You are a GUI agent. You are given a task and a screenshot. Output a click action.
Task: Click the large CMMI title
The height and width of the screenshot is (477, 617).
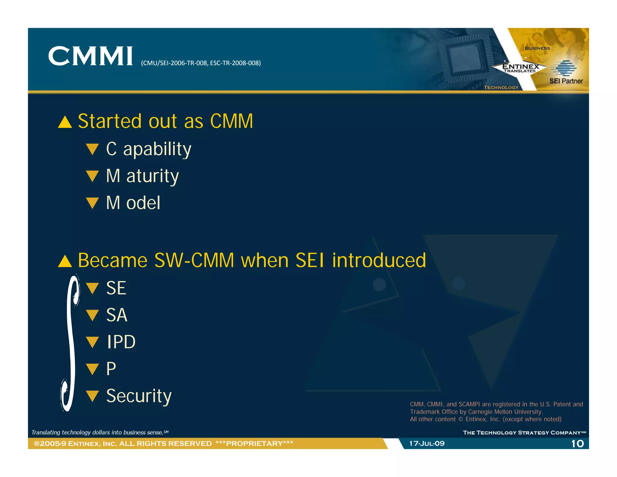click(90, 56)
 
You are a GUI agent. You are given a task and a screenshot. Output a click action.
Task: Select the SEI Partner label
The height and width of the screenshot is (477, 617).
click(566, 81)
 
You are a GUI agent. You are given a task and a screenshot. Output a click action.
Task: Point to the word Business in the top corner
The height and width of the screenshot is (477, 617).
click(537, 48)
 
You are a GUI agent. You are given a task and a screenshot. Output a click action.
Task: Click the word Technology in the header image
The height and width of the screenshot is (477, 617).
click(501, 87)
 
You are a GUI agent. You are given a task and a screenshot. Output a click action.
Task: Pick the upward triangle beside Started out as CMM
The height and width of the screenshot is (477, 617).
click(65, 122)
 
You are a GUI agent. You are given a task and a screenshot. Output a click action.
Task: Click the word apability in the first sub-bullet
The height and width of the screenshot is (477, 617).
click(157, 149)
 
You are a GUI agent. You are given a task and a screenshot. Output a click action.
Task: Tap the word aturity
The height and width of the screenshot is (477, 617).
click(152, 176)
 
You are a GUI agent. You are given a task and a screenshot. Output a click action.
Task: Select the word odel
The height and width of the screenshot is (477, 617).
click(143, 203)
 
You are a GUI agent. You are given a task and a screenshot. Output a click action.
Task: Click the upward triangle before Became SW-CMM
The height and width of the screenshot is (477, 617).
click(65, 261)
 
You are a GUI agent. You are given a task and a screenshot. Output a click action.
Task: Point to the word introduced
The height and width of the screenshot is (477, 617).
click(379, 260)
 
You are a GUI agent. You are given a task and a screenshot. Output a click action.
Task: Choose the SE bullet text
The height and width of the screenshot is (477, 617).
click(116, 288)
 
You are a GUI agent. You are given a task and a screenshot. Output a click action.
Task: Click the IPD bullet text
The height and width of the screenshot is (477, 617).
click(121, 342)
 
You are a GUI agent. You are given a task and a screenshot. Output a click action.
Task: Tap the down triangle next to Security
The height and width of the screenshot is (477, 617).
click(92, 396)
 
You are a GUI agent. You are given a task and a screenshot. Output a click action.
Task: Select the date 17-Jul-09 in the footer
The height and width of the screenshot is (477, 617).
click(427, 444)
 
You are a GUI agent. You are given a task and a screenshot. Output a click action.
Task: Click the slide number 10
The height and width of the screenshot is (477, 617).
click(577, 444)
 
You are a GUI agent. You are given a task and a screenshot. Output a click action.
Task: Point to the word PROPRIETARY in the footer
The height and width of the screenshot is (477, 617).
click(254, 444)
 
